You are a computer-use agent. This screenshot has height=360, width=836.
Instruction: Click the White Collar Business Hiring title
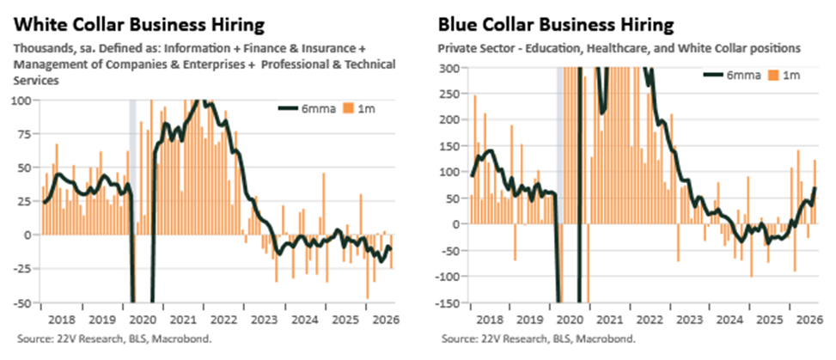click(x=139, y=25)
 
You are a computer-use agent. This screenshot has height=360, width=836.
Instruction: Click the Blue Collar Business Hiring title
click(x=556, y=25)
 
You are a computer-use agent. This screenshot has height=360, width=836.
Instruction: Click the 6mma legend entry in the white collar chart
click(x=307, y=108)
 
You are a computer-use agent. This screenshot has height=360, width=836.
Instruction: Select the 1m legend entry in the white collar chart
click(x=359, y=108)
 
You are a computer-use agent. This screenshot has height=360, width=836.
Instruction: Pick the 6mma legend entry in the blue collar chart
click(x=732, y=76)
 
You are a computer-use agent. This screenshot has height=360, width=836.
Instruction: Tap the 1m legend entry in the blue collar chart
click(x=784, y=76)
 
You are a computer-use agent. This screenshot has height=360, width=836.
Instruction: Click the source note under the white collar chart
click(x=114, y=339)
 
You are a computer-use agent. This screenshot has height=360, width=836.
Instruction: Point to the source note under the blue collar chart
click(x=539, y=339)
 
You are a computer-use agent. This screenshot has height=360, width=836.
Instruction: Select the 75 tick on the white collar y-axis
click(x=25, y=134)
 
